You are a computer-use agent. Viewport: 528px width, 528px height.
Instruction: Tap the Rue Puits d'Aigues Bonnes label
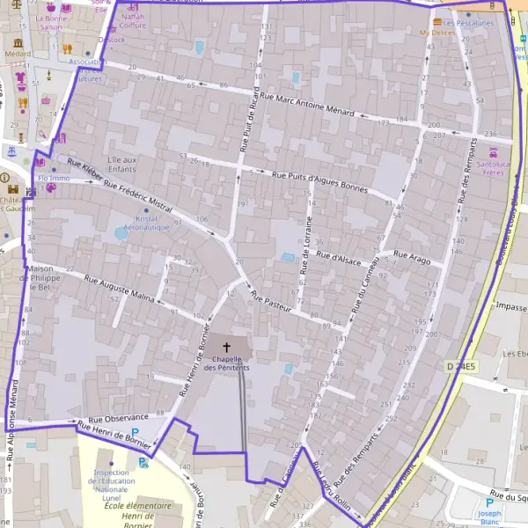point(319,181)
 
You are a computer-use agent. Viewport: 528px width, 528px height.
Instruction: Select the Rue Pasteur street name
point(271,302)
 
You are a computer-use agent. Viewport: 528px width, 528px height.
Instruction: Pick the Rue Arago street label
point(413,256)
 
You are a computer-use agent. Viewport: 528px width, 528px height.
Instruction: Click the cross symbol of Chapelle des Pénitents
point(227,348)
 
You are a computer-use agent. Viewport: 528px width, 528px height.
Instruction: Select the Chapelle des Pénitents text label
point(226,363)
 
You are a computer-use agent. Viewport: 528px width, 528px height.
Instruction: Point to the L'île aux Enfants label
point(121,164)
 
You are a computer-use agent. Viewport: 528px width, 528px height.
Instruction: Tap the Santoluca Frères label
point(498,168)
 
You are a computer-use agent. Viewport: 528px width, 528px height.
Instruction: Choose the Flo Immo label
point(54,178)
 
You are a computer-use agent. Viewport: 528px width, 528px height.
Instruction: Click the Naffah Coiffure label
point(133,21)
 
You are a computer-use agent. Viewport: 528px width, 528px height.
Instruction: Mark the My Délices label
point(437,33)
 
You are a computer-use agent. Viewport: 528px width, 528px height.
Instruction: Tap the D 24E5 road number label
point(460,365)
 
